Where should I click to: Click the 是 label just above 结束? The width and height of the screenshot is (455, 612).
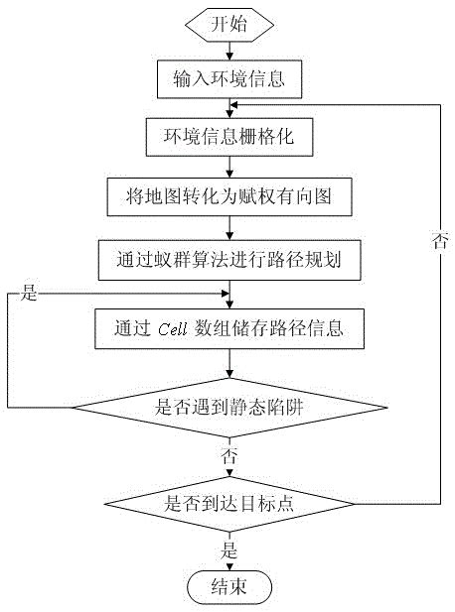tap(229, 548)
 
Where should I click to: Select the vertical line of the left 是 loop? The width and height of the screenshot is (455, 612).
tap(8, 352)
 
